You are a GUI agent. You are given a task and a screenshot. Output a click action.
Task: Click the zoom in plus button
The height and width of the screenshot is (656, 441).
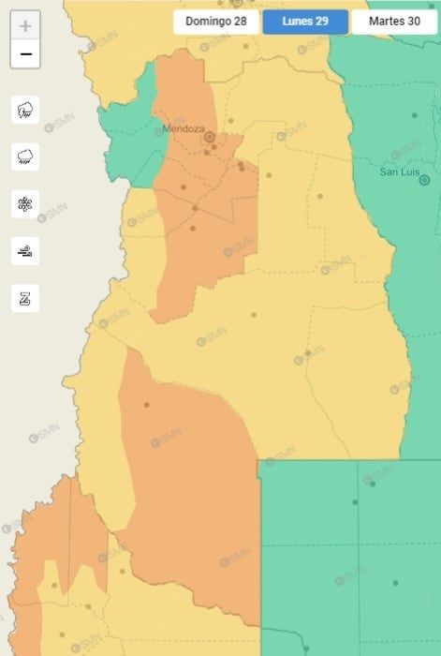(25, 26)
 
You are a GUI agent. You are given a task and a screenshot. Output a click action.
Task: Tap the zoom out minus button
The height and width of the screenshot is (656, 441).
(25, 54)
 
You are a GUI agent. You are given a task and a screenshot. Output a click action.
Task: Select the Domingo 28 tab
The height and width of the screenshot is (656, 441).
(215, 22)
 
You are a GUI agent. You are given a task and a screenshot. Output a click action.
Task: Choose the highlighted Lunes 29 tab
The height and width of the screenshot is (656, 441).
(305, 22)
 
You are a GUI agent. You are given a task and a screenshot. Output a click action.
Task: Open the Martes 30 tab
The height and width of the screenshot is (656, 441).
(394, 22)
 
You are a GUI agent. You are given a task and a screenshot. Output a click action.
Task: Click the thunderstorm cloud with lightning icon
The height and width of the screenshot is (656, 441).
(25, 110)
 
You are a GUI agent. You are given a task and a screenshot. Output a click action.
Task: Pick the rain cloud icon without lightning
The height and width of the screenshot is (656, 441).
(25, 157)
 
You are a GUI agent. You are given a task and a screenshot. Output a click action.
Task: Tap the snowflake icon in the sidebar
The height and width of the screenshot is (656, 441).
(25, 203)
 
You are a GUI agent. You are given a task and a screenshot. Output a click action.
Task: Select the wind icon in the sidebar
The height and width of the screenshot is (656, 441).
(25, 251)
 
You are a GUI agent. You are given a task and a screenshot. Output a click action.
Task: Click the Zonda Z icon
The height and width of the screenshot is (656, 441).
(25, 298)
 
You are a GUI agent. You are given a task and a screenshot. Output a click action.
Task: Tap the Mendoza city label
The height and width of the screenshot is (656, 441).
(183, 128)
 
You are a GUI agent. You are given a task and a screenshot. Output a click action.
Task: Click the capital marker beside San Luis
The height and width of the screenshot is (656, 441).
(424, 180)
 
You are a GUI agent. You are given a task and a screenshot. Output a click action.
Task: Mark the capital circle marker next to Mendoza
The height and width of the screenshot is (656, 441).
(210, 137)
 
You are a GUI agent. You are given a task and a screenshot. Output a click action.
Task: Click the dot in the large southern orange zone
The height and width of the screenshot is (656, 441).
(146, 405)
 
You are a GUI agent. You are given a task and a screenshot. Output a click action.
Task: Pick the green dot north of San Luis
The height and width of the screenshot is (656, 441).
(414, 115)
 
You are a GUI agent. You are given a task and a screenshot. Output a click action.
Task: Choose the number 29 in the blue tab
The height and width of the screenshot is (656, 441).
(321, 22)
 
